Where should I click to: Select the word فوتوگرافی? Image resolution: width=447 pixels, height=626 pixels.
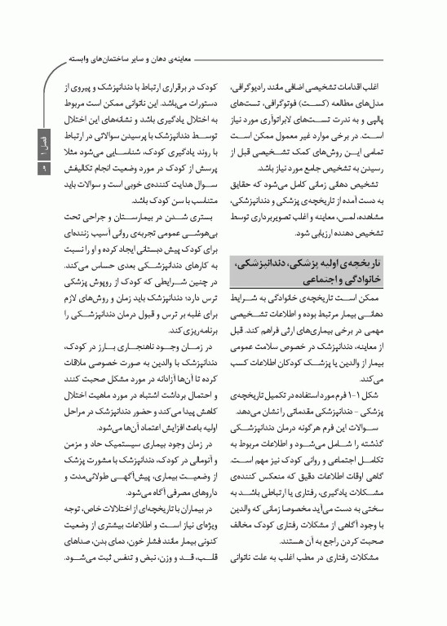295,99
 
